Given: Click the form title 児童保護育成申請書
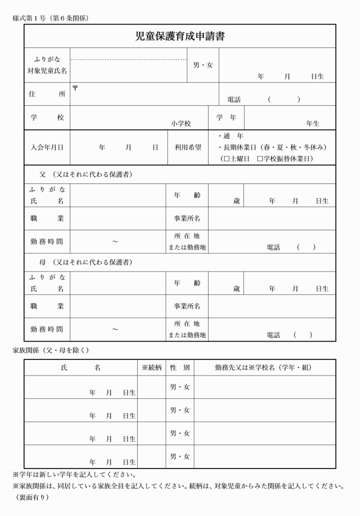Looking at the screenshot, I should point(179,37).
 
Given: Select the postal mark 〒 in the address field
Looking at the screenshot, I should point(75,87).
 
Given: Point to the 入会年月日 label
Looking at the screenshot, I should point(47,147).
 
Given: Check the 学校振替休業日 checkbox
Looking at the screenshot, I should point(260,158).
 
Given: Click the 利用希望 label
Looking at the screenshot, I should point(187,147).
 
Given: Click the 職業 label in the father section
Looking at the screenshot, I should point(47,218).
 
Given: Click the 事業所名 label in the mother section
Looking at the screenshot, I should point(187,306).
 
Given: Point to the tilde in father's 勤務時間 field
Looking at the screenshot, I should point(115,242).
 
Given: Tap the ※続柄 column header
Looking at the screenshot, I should point(151,367).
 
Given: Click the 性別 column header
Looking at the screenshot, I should point(180,367).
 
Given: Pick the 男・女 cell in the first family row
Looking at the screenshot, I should point(180,387).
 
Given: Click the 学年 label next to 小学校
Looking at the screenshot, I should point(226,117).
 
